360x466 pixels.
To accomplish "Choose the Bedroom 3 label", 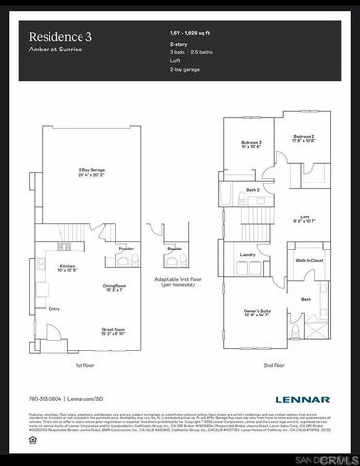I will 251,146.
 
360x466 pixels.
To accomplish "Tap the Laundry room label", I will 246,256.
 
